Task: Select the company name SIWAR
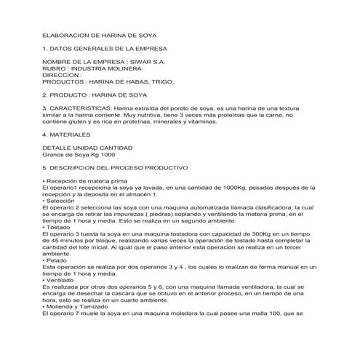point(144,62)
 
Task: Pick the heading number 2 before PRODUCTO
point(45,95)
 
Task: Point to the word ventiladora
point(247,286)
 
